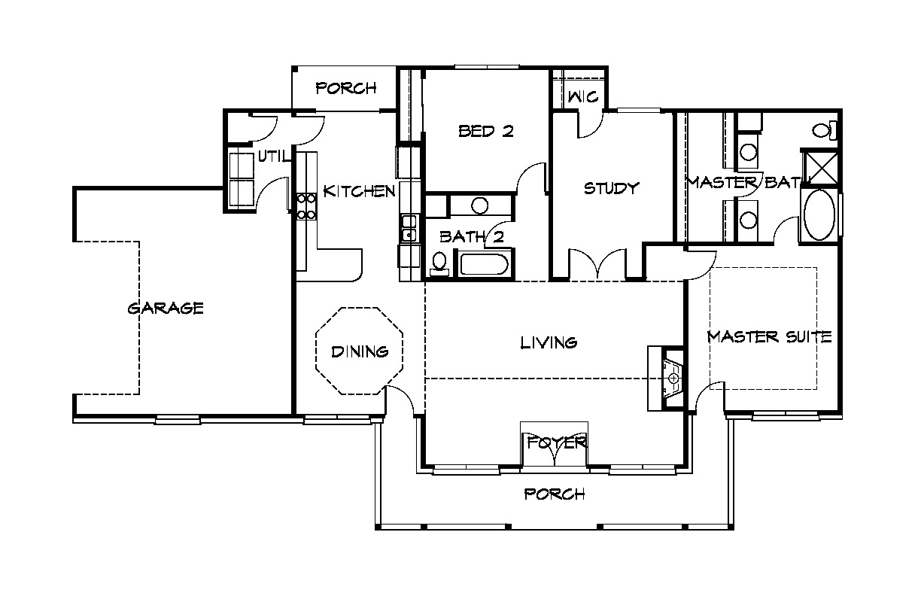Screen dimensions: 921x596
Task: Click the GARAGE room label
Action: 166,308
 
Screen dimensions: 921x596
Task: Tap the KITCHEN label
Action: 359,191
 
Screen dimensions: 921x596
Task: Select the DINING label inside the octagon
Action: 360,351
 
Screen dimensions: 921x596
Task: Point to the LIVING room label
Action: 549,342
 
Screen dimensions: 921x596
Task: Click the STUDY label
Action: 612,188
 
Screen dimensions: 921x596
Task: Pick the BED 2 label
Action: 486,131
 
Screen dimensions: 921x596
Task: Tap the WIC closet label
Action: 583,97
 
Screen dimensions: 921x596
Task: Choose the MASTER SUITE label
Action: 769,337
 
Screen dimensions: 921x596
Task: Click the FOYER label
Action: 557,442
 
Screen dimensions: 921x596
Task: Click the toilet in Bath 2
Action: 439,263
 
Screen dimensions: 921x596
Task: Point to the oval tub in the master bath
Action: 819,214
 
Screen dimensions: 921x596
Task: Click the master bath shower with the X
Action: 820,167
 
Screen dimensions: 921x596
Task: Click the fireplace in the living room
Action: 666,379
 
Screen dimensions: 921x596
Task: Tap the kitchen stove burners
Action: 306,206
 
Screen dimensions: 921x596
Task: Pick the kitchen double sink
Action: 409,228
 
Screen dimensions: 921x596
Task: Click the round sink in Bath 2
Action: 479,205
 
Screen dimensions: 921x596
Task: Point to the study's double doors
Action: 597,263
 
